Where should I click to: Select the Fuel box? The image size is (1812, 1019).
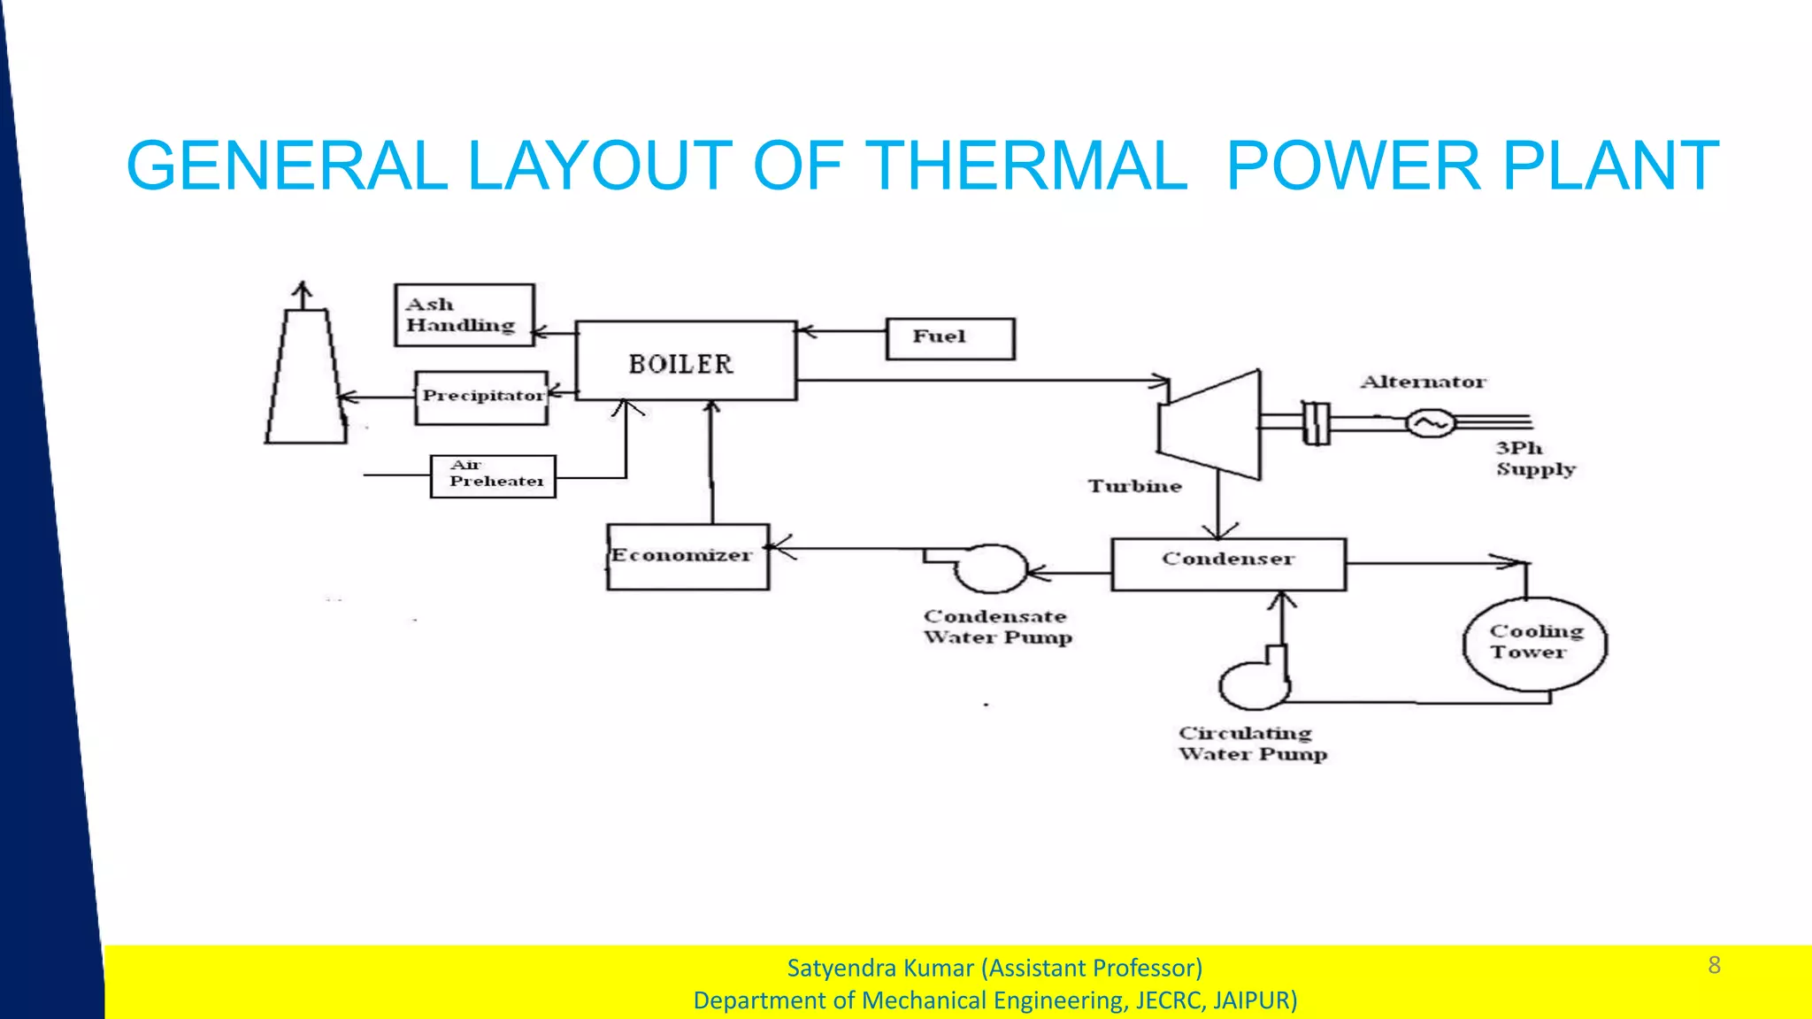point(950,338)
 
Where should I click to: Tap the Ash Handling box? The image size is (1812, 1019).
point(465,314)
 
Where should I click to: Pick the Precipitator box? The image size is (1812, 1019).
point(482,398)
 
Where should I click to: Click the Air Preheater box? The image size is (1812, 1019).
point(493,476)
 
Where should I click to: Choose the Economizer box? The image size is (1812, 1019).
point(688,557)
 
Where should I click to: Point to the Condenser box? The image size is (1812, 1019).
point(1228,564)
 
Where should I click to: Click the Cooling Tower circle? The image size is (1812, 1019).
point(1534,644)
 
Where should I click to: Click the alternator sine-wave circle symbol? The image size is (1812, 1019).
point(1430,423)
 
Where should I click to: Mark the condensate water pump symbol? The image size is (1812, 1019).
point(990,568)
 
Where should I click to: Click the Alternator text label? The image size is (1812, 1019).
point(1423,382)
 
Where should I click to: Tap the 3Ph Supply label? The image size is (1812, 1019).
point(1535,459)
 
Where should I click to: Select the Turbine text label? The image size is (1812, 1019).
point(1134,486)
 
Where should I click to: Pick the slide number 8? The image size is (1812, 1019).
point(1714,965)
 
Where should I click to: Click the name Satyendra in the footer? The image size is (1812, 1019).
point(836,968)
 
